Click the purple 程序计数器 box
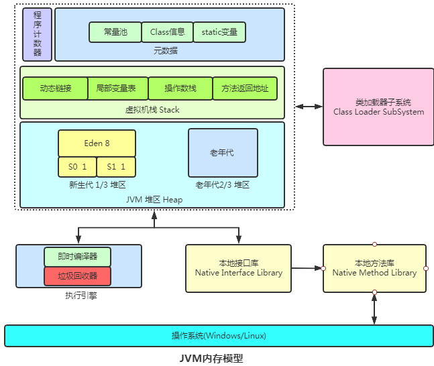[37, 34]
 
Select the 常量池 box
[115, 32]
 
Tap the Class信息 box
[167, 32]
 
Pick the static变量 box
[219, 32]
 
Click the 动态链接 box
[55, 88]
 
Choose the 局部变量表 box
[116, 88]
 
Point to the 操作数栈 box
[180, 88]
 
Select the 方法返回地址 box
[245, 88]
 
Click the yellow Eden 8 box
[97, 143]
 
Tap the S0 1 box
[78, 166]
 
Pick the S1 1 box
[116, 166]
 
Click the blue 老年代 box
[223, 152]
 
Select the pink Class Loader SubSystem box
[378, 107]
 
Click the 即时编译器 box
[77, 257]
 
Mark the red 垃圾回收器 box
[77, 276]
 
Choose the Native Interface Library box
[238, 268]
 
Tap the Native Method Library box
[374, 268]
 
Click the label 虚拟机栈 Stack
[152, 109]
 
